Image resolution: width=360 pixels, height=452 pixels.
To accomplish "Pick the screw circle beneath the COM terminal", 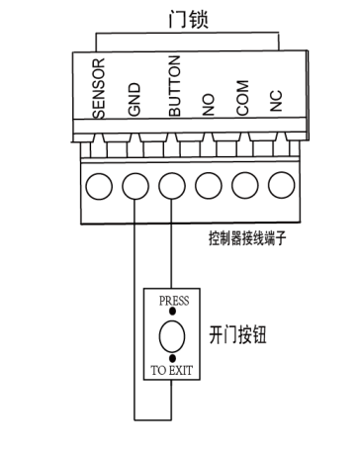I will coord(244,183).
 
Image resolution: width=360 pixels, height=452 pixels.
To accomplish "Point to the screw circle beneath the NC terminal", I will coord(280,183).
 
